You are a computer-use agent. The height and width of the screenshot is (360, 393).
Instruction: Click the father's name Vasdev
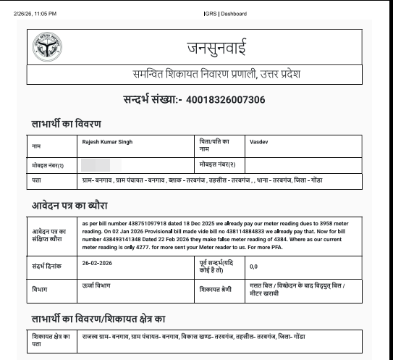(x=259, y=141)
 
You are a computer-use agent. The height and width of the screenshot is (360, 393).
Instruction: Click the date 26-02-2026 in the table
(x=98, y=265)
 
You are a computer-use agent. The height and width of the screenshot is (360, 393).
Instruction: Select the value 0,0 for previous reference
(x=253, y=267)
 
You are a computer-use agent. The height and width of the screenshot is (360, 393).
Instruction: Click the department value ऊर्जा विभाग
(x=96, y=287)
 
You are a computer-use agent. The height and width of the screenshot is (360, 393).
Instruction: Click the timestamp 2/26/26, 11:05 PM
(x=35, y=13)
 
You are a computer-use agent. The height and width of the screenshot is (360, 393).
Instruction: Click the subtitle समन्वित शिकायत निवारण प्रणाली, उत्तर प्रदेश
(x=215, y=75)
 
